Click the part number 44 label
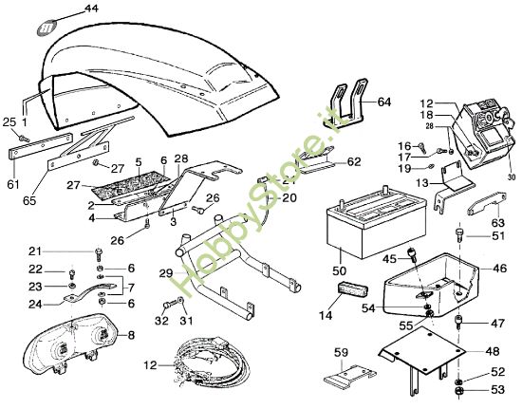[x=90, y=9]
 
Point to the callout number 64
[x=383, y=102]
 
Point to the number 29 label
[x=166, y=273]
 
